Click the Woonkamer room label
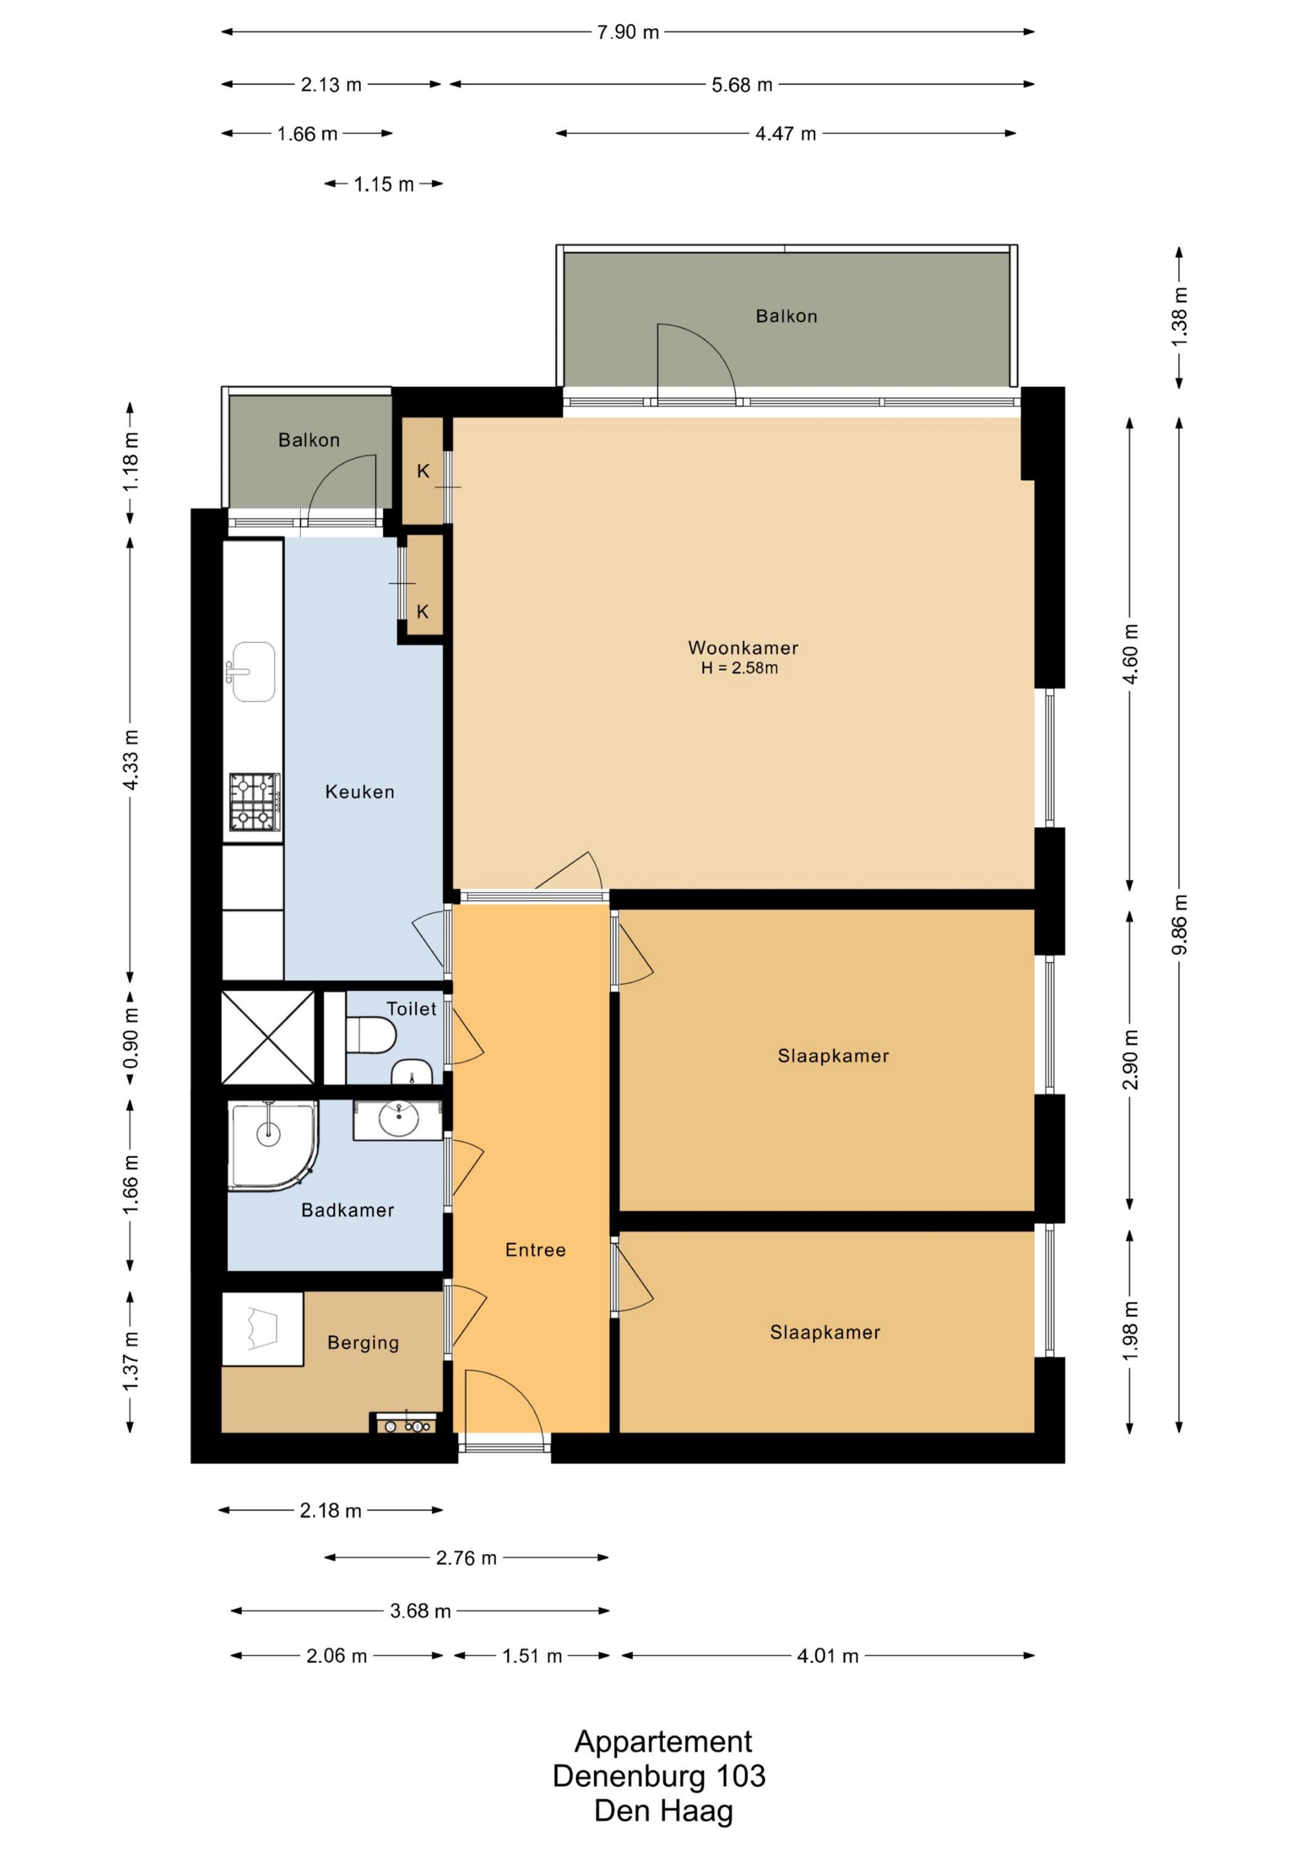tap(743, 648)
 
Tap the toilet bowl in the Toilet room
tap(371, 1035)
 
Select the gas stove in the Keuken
tap(255, 802)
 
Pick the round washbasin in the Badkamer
tap(399, 1120)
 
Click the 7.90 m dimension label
tap(628, 32)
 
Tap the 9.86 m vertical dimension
tap(1179, 924)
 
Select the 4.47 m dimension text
tap(786, 134)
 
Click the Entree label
tap(536, 1250)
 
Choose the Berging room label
tap(363, 1343)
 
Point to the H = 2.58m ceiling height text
tap(739, 668)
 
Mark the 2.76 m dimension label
tap(466, 1558)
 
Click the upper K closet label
tap(423, 471)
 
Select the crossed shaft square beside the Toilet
tap(268, 1037)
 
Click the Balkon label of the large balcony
tap(786, 316)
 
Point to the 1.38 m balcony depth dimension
tap(1179, 317)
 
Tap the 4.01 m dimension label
tap(828, 1656)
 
